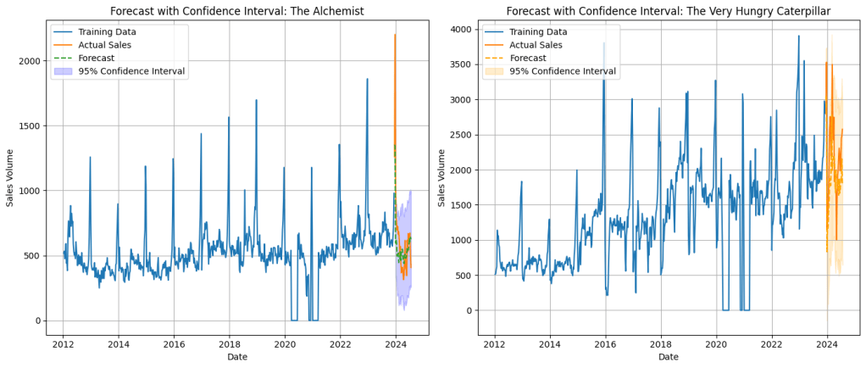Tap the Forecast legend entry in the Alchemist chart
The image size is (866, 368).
(x=98, y=58)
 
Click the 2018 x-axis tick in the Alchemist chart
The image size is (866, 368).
(x=230, y=344)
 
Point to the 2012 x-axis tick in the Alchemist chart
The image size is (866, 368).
(x=63, y=344)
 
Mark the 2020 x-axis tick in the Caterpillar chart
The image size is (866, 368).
(x=717, y=344)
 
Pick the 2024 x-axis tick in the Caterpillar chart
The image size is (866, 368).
(x=827, y=344)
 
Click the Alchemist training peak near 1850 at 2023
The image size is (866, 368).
(x=367, y=80)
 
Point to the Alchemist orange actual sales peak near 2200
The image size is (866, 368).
(x=395, y=35)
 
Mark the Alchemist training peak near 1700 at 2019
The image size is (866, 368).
(x=256, y=100)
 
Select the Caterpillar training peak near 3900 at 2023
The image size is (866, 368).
(x=798, y=36)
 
